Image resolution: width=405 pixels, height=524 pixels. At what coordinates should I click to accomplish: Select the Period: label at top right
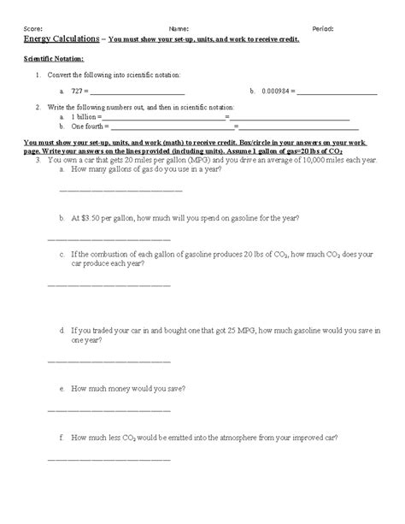323,29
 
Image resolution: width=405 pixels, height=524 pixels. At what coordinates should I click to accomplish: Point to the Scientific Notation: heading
53,59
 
